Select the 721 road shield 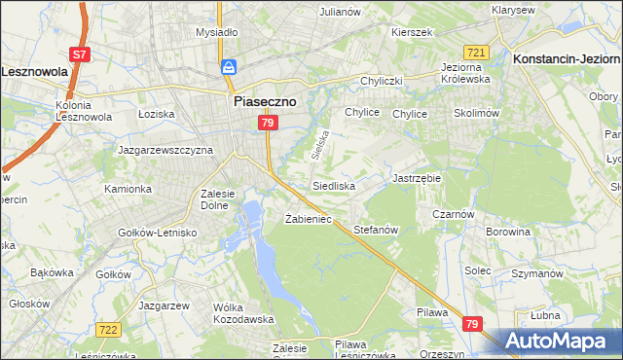476,53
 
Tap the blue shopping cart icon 229,67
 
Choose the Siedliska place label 334,185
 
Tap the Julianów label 341,12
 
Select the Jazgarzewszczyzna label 165,151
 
